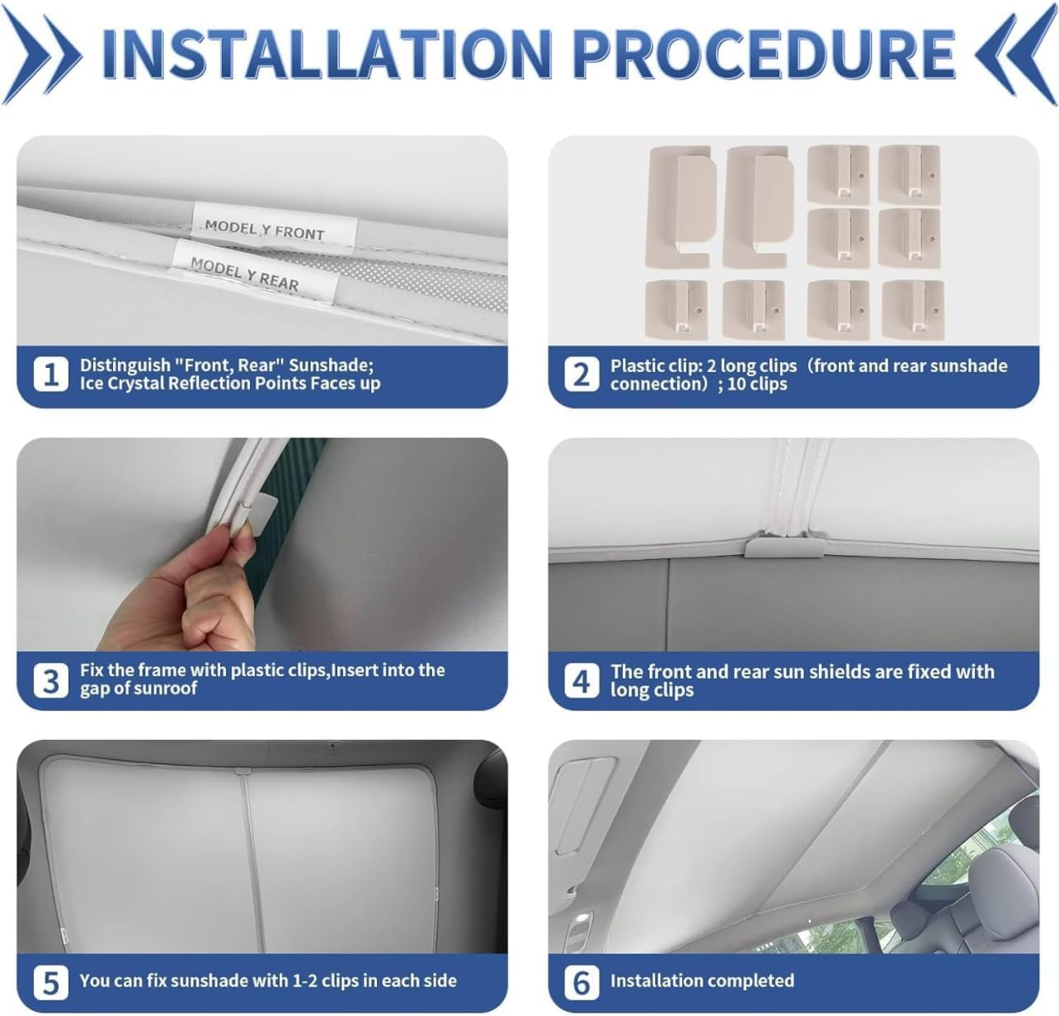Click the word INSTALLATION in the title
tap(326, 54)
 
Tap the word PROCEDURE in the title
tap(764, 54)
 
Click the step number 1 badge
tap(50, 374)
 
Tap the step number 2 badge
tap(581, 374)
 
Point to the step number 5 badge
tap(50, 983)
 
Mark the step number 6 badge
tap(581, 983)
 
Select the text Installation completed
tap(702, 981)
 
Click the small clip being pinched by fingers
tap(257, 509)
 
